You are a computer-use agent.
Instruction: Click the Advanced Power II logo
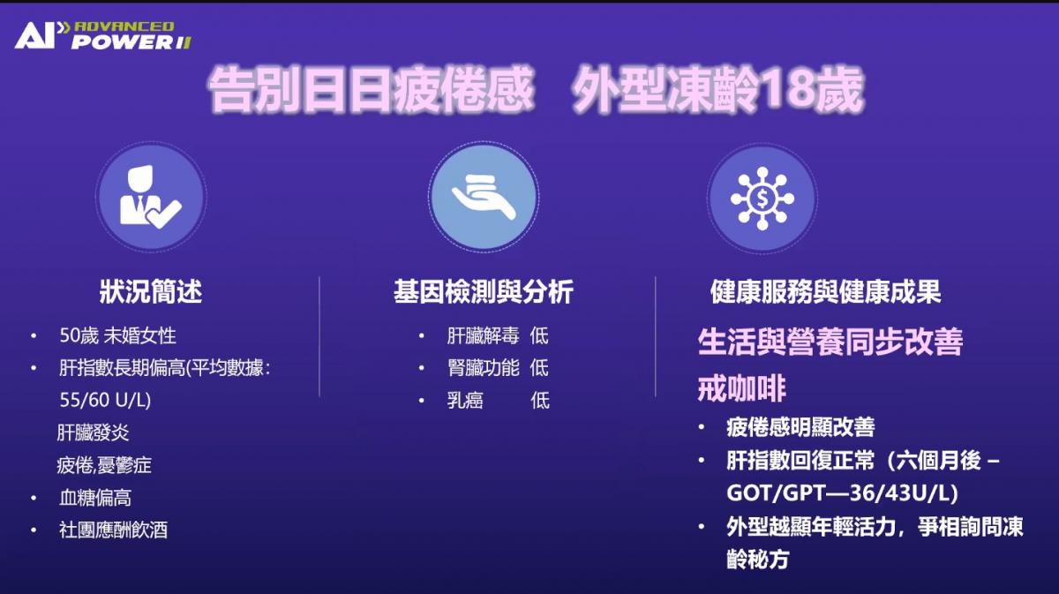click(102, 35)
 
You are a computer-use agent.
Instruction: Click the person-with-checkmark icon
click(150, 197)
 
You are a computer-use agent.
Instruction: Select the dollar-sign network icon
click(762, 199)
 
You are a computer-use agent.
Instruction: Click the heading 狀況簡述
click(151, 291)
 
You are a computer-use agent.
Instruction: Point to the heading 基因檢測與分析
click(484, 291)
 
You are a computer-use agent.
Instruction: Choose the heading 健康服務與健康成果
click(825, 291)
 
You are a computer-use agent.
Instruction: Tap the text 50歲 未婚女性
click(117, 335)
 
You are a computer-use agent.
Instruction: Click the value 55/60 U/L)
click(105, 400)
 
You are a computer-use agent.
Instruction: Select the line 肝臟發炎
click(93, 432)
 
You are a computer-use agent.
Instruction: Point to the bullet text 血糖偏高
click(95, 498)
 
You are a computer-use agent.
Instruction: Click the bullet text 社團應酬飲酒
click(114, 530)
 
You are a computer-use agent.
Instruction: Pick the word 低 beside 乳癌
click(540, 401)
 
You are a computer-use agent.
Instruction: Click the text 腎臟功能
click(484, 368)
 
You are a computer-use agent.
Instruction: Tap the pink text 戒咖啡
click(741, 388)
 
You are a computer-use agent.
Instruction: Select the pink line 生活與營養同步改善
click(830, 342)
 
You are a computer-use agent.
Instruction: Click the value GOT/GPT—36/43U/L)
click(842, 492)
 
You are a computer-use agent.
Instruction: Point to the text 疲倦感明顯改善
click(800, 427)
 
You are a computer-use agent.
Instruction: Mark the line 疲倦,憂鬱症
click(104, 465)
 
